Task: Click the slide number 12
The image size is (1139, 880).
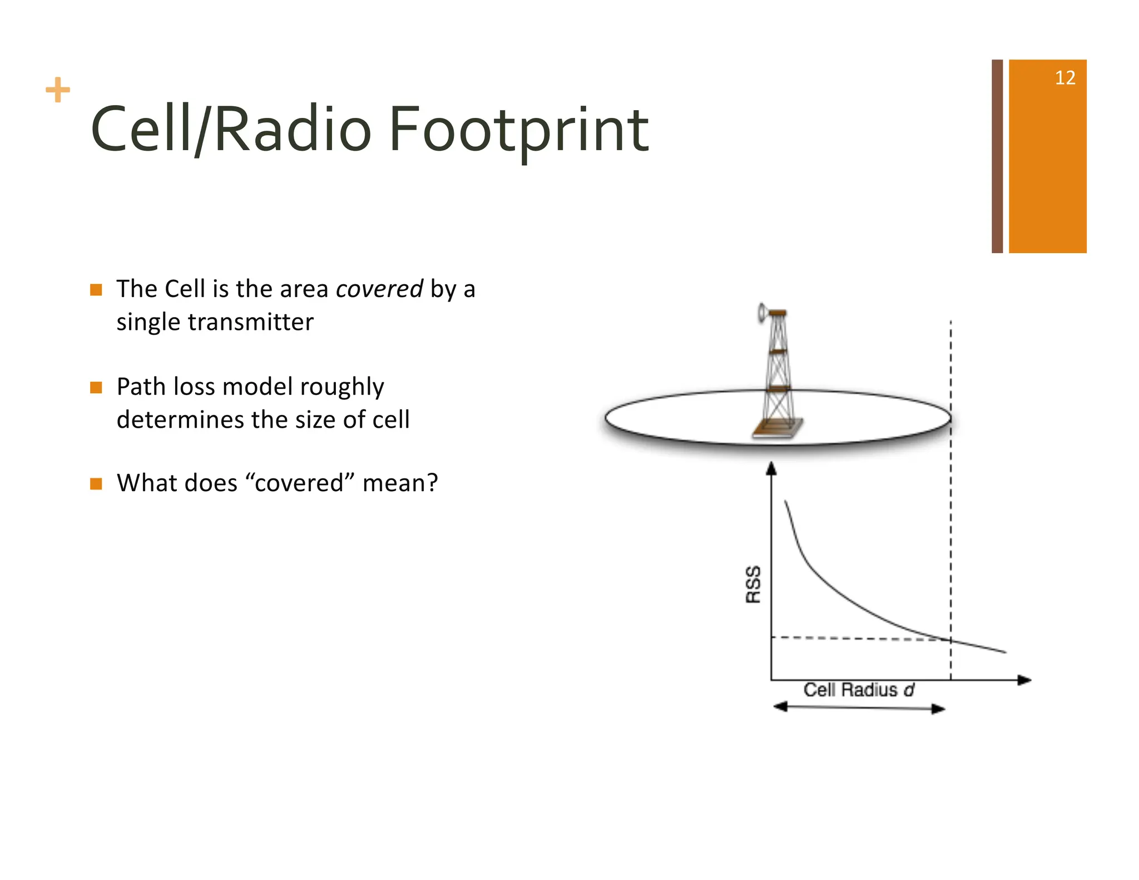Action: tap(1064, 78)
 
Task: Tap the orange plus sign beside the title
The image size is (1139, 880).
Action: tap(58, 90)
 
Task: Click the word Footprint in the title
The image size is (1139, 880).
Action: tap(518, 131)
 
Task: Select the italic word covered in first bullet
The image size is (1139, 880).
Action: tap(379, 289)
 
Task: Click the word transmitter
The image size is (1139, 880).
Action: tap(250, 322)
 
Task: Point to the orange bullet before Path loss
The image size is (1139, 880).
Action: tap(96, 387)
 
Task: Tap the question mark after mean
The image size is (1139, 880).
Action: tap(432, 483)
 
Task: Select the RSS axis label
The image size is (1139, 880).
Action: tap(753, 584)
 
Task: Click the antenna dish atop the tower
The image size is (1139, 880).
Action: tap(761, 313)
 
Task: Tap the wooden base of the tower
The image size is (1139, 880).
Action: tap(778, 428)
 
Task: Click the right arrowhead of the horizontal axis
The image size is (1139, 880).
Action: tap(1024, 680)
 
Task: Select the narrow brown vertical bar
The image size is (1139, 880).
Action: tap(997, 156)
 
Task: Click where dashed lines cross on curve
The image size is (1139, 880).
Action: tap(950, 640)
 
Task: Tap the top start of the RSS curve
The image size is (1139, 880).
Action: tap(785, 502)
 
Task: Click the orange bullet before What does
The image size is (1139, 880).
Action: tap(96, 483)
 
